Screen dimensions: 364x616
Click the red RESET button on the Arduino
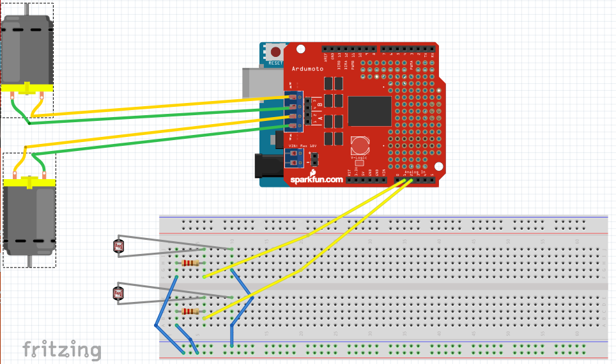coord(276,52)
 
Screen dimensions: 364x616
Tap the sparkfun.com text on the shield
coord(317,180)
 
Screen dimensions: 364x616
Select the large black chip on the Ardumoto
coord(369,111)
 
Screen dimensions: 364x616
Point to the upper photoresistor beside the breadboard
coord(118,246)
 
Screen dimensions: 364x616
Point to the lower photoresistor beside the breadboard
coord(118,293)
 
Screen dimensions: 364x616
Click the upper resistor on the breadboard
coord(190,263)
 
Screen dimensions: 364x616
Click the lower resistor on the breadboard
coord(190,312)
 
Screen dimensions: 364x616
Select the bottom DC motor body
coord(29,221)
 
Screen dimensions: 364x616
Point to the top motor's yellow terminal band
coord(27,89)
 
